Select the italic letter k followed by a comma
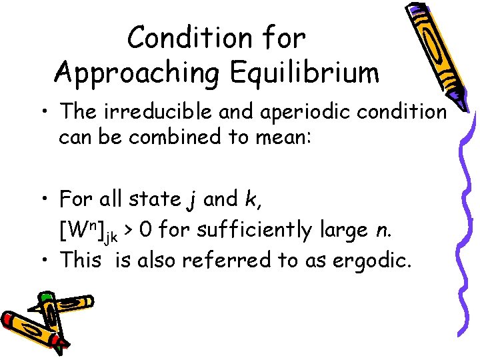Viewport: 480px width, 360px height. (271, 199)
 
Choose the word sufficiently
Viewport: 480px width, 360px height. (255, 231)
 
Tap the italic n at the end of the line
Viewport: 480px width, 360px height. (382, 231)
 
